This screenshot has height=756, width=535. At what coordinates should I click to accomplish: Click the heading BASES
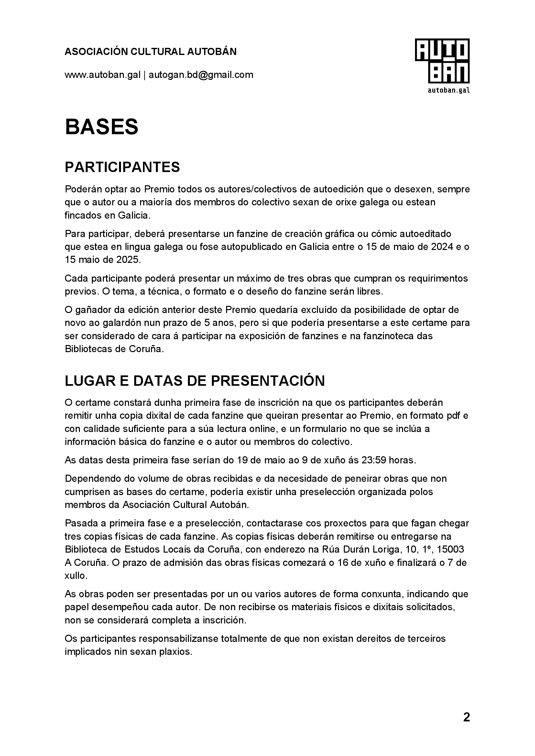pos(102,127)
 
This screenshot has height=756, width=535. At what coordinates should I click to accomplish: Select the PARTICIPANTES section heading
pos(122,167)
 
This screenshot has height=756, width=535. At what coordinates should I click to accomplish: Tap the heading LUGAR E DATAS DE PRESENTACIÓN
pos(195,381)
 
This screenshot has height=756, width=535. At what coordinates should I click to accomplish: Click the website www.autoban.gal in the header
pos(103,75)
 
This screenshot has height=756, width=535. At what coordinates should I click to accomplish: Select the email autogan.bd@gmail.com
pos(201,75)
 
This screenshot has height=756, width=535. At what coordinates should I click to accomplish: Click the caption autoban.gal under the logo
pos(448,90)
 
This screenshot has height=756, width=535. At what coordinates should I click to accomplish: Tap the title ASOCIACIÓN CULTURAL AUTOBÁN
pos(150,52)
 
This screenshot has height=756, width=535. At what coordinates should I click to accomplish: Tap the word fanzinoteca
pos(386,336)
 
